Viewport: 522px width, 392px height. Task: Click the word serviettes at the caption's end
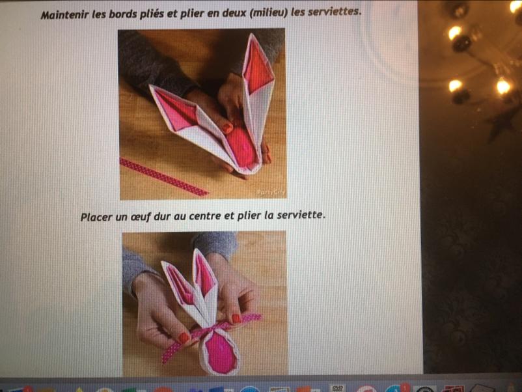coord(334,12)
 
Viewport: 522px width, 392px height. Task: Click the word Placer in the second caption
coord(97,217)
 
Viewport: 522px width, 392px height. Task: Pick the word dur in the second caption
coord(162,216)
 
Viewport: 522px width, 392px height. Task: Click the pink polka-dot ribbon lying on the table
coord(163,177)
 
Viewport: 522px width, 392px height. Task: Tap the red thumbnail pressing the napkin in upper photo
coord(227,128)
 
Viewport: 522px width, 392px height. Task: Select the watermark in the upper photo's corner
coord(270,192)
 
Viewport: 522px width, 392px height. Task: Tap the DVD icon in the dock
coord(337,388)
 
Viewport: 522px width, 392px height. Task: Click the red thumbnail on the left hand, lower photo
coord(184,338)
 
